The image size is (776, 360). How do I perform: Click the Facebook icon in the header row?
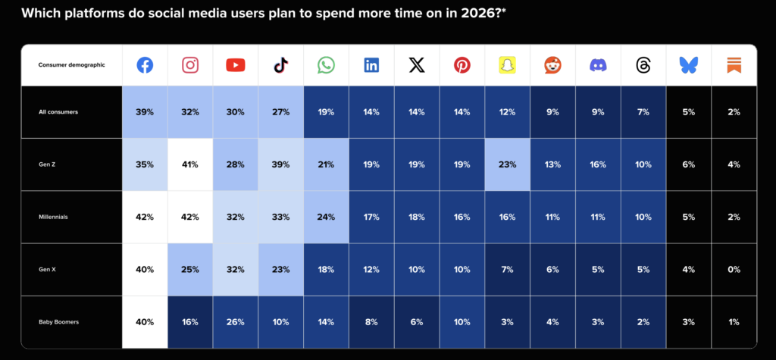tap(145, 65)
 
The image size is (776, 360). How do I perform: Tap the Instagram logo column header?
tap(190, 65)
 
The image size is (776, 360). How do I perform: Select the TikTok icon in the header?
tap(280, 65)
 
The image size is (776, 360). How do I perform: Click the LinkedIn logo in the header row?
tap(371, 65)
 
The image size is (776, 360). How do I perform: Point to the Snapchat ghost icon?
tap(506, 65)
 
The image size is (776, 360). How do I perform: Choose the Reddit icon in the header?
tap(552, 65)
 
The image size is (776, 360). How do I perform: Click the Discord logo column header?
tap(598, 65)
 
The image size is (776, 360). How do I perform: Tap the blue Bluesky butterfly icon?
tap(688, 65)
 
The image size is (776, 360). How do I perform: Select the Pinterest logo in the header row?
tap(462, 65)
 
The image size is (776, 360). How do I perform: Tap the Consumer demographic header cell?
tap(71, 65)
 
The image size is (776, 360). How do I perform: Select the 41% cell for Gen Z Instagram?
tap(190, 164)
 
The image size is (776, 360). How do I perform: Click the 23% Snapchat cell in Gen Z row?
tap(506, 164)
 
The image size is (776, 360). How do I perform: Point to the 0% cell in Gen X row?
tap(733, 269)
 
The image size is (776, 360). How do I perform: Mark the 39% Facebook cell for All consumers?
tap(145, 112)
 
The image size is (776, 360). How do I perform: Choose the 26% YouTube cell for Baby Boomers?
tap(235, 322)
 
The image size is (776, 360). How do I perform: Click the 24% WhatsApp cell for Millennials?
tap(326, 217)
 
